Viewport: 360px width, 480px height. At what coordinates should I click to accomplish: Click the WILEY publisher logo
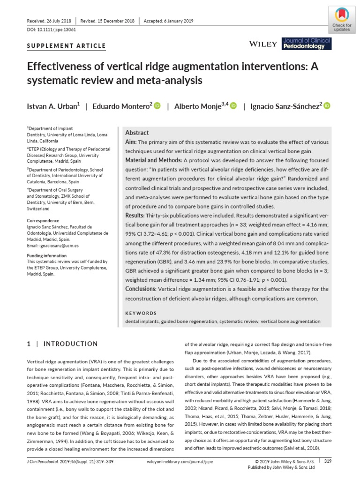[263, 44]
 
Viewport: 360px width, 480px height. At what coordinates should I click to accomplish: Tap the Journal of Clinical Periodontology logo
[307, 44]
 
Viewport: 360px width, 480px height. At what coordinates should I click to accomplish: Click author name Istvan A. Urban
[53, 106]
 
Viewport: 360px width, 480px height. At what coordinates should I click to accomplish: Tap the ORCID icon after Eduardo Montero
[157, 106]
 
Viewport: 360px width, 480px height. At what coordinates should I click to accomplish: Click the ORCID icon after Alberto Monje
[233, 106]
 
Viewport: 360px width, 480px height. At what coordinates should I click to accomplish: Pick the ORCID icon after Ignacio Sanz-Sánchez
[327, 106]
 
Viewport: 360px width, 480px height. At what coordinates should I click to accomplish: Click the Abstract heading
[137, 133]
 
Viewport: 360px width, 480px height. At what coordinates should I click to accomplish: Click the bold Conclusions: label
[141, 289]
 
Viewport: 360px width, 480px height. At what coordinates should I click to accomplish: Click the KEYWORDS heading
[141, 313]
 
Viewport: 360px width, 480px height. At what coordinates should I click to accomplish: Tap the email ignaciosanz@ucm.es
[60, 245]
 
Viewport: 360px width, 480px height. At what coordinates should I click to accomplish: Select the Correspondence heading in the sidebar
[43, 220]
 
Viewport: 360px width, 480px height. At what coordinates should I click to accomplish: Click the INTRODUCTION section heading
[70, 344]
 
